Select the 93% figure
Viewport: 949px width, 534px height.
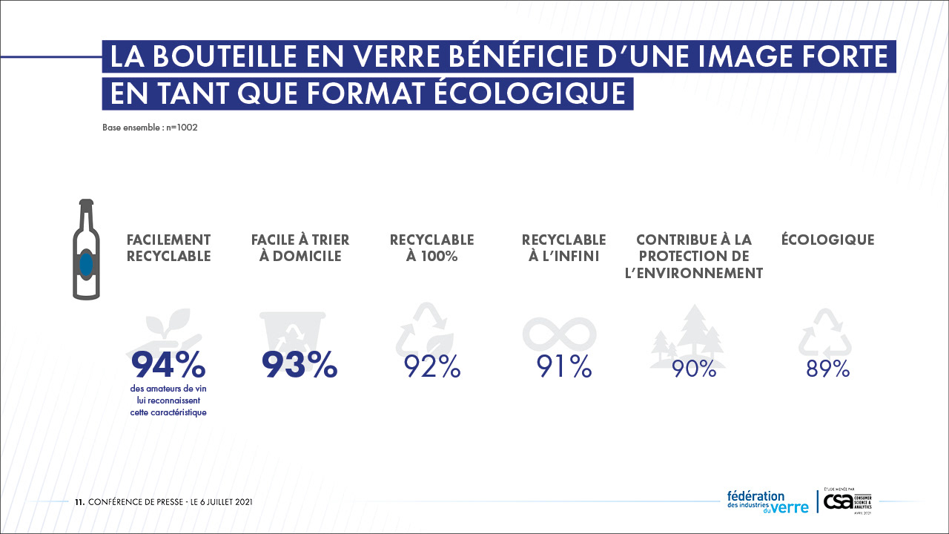coord(300,364)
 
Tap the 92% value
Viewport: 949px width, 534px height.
coord(432,367)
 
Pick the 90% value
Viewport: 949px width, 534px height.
coord(695,369)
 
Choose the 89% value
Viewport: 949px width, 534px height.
coord(827,369)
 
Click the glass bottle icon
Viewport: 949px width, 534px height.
coord(86,249)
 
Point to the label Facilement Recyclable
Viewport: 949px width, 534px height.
coord(169,248)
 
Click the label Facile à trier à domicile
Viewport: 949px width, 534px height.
coord(300,248)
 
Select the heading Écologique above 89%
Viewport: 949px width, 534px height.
coord(827,240)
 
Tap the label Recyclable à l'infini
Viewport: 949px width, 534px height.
coord(563,248)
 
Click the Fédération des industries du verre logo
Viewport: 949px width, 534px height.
coord(767,501)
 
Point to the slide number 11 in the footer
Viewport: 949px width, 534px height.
coord(79,502)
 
